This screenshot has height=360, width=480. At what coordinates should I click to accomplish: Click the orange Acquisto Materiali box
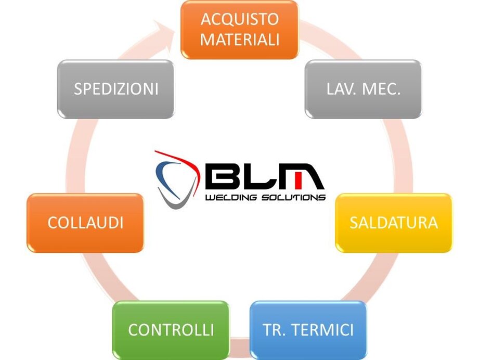[x=239, y=30]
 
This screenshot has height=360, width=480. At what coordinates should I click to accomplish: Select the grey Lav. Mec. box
[x=363, y=89]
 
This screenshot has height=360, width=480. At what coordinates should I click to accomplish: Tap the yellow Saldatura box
[x=393, y=223]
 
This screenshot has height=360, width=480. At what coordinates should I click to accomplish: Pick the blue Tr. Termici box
[x=308, y=330]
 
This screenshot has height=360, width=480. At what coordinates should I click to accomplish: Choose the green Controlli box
[x=171, y=330]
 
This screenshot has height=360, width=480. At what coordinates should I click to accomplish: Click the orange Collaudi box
[x=85, y=223]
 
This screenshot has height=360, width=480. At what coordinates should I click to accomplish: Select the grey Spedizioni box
[x=115, y=89]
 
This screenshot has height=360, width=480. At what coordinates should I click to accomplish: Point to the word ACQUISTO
[x=240, y=19]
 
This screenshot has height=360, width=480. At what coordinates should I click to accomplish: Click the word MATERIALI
[x=240, y=40]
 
